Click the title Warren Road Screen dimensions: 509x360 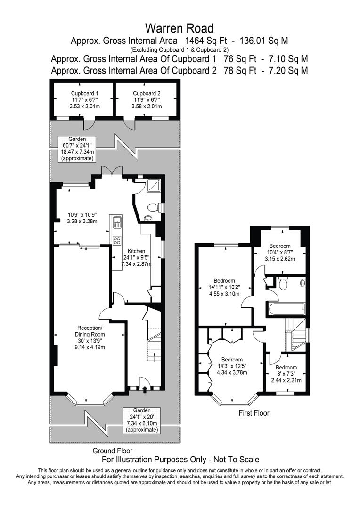tap(180, 28)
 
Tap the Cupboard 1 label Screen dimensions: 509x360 tap(84, 99)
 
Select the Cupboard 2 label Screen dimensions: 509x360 tap(146, 99)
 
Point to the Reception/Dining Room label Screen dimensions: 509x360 tap(89, 337)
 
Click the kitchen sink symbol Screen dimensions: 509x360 tap(117, 222)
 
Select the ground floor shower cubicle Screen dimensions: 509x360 tap(154, 187)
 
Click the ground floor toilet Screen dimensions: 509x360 tap(155, 207)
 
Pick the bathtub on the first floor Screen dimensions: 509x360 tap(286, 310)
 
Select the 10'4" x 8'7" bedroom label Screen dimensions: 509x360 tap(279, 252)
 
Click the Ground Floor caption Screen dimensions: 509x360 tap(113, 451)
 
